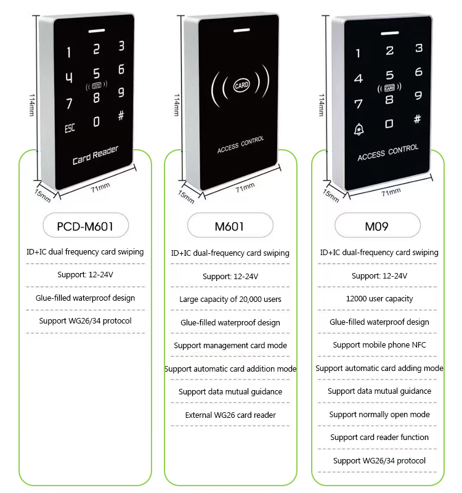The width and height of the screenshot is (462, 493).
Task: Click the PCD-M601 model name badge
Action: pyautogui.click(x=86, y=226)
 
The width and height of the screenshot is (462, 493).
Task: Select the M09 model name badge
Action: pyautogui.click(x=377, y=226)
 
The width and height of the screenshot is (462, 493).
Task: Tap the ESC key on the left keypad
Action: pyautogui.click(x=70, y=129)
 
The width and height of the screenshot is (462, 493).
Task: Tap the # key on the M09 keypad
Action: pyautogui.click(x=418, y=119)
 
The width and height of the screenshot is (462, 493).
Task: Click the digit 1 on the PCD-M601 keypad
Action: pyautogui.click(x=68, y=54)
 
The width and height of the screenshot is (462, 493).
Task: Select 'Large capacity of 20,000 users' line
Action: pyautogui.click(x=230, y=299)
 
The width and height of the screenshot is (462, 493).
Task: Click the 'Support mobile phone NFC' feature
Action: pyautogui.click(x=379, y=345)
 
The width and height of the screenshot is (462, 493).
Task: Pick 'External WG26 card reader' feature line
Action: pyautogui.click(x=230, y=415)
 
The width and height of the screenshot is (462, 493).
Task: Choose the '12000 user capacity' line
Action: pyautogui.click(x=379, y=299)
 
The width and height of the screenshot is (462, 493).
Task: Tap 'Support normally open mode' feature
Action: pyautogui.click(x=379, y=415)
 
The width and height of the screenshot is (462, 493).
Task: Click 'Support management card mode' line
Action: pyautogui.click(x=230, y=346)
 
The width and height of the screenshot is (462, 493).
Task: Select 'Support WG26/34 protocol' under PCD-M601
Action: pyautogui.click(x=86, y=321)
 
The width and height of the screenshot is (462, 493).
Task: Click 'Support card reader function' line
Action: pyautogui.click(x=379, y=438)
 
